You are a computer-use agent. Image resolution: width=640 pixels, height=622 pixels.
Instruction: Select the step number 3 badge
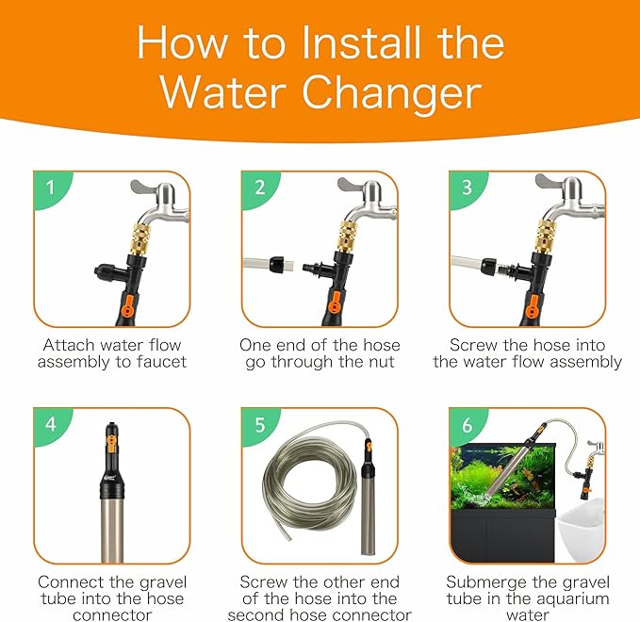coord(466,187)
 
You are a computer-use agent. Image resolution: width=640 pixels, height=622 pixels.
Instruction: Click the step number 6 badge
coord(465,424)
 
